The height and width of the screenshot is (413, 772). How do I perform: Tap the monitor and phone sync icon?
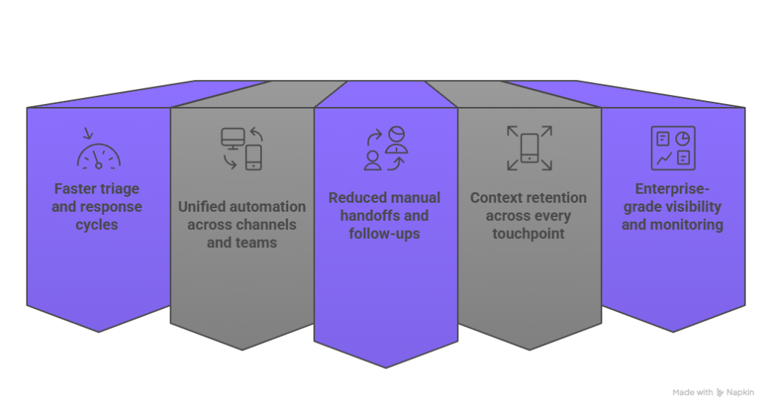click(x=242, y=148)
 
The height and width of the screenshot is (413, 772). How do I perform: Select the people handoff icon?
click(x=385, y=148)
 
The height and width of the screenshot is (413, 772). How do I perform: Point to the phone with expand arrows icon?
click(x=529, y=148)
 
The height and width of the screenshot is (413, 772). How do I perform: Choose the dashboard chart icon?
click(x=672, y=148)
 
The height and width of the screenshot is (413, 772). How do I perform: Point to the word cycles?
click(x=96, y=225)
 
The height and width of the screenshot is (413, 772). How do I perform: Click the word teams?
click(x=253, y=243)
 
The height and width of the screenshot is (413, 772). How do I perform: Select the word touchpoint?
click(x=528, y=234)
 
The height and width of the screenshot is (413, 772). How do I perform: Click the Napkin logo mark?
click(x=721, y=393)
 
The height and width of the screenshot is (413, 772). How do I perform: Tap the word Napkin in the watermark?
click(x=743, y=393)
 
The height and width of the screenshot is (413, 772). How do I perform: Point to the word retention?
click(x=555, y=197)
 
